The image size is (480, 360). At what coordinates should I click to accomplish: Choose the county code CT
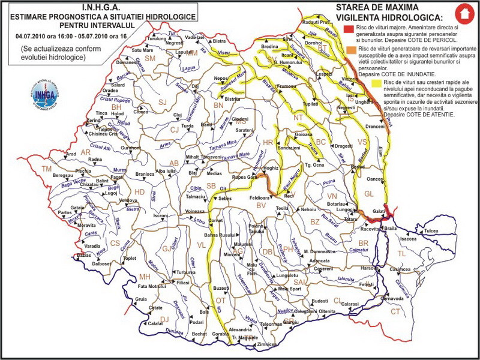point(395,311)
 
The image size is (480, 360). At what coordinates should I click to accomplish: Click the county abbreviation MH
point(145,277)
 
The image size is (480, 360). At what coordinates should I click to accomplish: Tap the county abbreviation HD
point(139,192)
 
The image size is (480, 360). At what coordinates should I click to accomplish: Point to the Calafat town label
point(155,323)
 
